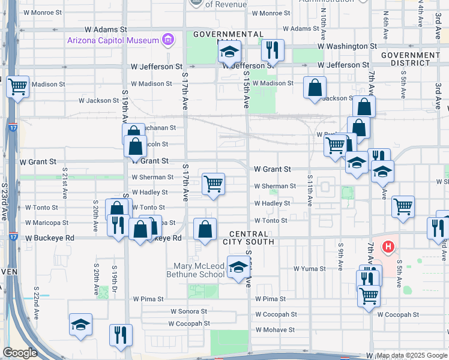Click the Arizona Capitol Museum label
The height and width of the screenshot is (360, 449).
click(x=113, y=41)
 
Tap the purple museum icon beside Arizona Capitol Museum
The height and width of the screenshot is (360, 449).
click(x=168, y=41)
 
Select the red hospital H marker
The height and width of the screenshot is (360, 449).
click(x=389, y=247)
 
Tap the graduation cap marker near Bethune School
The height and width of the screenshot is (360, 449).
click(x=238, y=267)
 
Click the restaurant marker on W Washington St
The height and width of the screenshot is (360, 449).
click(x=273, y=51)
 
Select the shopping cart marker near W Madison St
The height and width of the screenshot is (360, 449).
click(x=17, y=87)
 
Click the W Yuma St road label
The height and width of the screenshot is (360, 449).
click(x=309, y=269)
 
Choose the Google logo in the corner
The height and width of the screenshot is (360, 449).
click(x=20, y=353)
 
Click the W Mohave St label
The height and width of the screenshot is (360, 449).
click(x=273, y=329)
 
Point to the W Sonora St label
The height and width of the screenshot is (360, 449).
click(x=188, y=312)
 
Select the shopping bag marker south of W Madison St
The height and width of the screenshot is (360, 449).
click(x=315, y=89)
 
